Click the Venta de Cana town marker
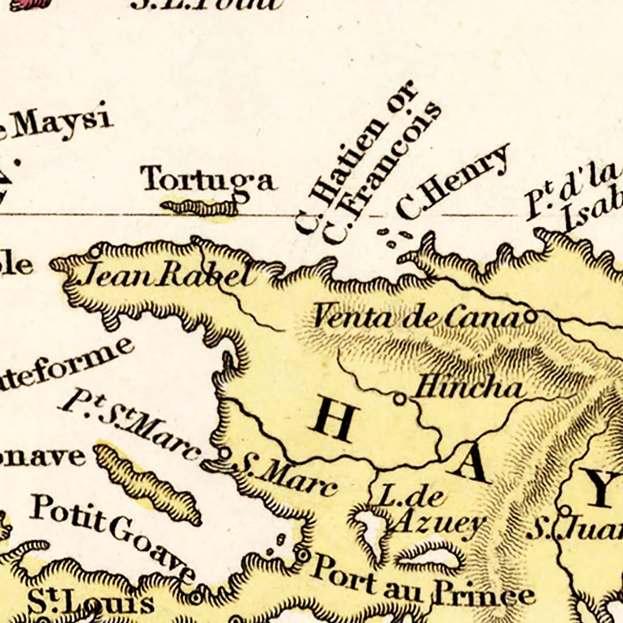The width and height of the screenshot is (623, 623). pyautogui.click(x=530, y=318)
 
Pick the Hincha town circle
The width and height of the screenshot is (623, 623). pyautogui.click(x=400, y=399)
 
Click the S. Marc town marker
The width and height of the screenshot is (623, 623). pyautogui.click(x=224, y=454)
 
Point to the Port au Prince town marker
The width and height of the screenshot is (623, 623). pyautogui.click(x=302, y=554)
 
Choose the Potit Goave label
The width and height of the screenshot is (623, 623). pyautogui.click(x=112, y=536)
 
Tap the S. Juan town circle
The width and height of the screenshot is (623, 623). pyautogui.click(x=566, y=510)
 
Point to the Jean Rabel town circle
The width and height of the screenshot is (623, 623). pyautogui.click(x=96, y=251)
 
